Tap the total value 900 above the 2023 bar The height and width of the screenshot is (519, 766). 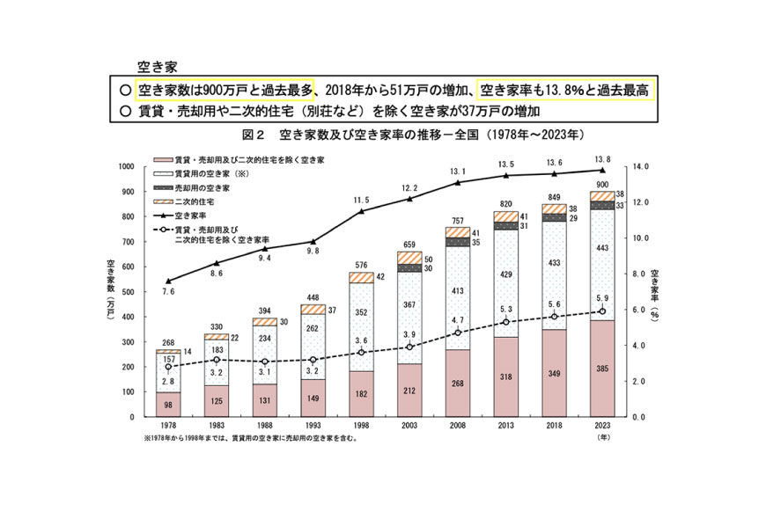coord(602,185)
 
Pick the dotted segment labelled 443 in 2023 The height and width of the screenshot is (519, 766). coord(602,248)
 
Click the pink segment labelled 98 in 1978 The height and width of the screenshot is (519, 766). coord(167,405)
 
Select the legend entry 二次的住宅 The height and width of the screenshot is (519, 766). coord(195,201)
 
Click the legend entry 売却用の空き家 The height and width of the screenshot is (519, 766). coord(202,188)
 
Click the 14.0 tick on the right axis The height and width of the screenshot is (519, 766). coord(635,166)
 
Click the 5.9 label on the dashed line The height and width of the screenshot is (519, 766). coord(602,298)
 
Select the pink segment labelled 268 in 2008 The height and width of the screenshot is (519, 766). coord(457,384)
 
